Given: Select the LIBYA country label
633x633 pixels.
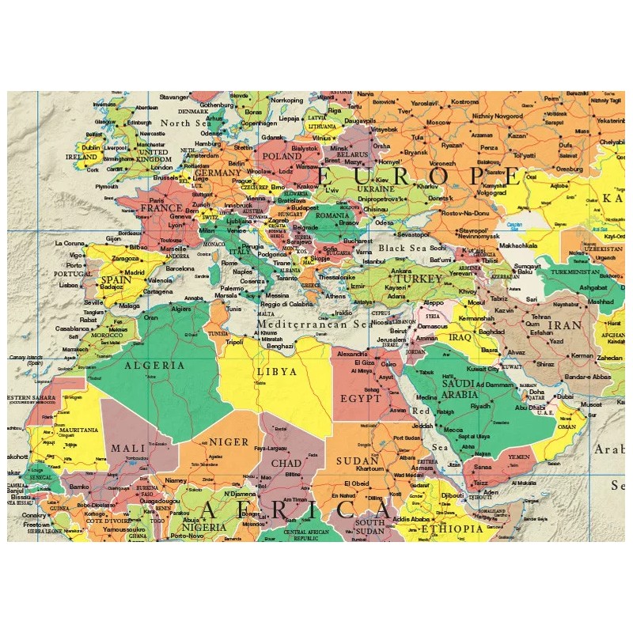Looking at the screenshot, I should pyautogui.click(x=276, y=370).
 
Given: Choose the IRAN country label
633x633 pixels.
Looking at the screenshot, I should pyautogui.click(x=565, y=324).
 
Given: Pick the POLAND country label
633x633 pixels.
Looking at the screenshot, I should pyautogui.click(x=282, y=157).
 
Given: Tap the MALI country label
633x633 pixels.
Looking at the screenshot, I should pyautogui.click(x=127, y=448).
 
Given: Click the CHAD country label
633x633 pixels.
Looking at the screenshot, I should pyautogui.click(x=286, y=463).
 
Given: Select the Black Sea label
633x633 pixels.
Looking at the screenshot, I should pyautogui.click(x=401, y=248).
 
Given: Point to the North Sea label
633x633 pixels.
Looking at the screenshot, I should pyautogui.click(x=187, y=123).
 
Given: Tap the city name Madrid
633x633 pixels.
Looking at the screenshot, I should pyautogui.click(x=135, y=272).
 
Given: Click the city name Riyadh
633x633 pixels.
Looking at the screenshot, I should pyautogui.click(x=480, y=406).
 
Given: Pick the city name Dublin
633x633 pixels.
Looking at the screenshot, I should pyautogui.click(x=91, y=147).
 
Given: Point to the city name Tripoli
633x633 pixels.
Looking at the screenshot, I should pyautogui.click(x=234, y=342).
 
